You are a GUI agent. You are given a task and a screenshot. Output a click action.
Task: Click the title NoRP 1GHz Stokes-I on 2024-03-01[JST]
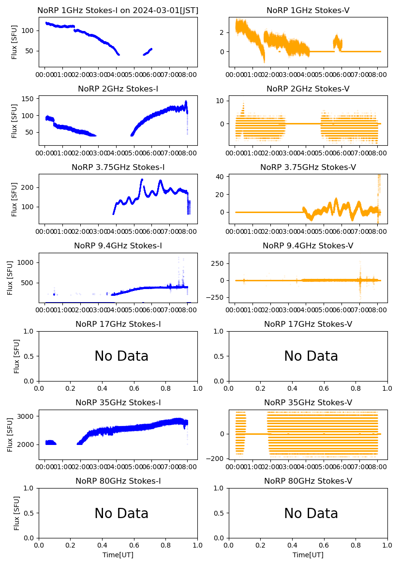coord(118,10)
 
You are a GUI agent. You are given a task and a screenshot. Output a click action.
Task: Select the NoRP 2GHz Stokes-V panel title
coord(308,89)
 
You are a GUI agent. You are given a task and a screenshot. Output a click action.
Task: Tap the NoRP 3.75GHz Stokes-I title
coord(118,167)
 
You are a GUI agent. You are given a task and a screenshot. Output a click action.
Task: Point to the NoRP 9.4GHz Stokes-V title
coord(308,245)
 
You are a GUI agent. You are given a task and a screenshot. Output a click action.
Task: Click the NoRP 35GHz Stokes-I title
coord(118,402)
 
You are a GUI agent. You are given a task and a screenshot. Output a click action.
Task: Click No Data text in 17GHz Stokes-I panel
coord(121,356)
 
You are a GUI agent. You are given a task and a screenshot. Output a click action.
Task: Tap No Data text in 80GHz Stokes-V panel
coord(311,513)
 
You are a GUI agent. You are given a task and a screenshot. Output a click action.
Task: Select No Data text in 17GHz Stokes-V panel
coord(311,356)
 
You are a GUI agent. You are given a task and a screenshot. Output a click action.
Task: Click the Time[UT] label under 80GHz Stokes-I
coord(118,555)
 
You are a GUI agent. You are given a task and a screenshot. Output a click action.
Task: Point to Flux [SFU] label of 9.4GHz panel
coord(10,278)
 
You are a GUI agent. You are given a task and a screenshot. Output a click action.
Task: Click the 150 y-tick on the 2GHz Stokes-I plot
coord(29,99)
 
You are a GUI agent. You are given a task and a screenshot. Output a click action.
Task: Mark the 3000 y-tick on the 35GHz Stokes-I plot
coord(27,416)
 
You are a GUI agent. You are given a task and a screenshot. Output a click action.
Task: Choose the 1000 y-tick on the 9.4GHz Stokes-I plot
coord(27,262)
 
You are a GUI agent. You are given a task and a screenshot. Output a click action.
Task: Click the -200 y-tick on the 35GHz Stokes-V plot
coord(216,459)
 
